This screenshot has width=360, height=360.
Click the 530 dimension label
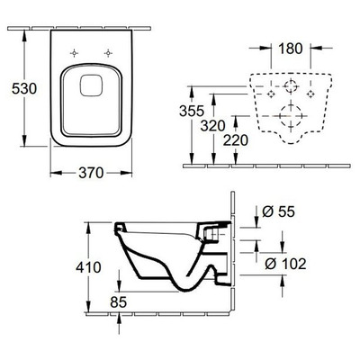24,88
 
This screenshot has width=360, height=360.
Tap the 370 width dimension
91,173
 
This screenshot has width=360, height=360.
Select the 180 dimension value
291,49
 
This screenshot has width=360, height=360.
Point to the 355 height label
192,111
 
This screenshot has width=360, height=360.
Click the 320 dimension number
212,126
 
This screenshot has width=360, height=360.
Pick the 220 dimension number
236,140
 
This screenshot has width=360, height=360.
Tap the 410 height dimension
88,267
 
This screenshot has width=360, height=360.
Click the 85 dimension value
118,302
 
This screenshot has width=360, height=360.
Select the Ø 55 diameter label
278,211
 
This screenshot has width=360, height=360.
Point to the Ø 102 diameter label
285,264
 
